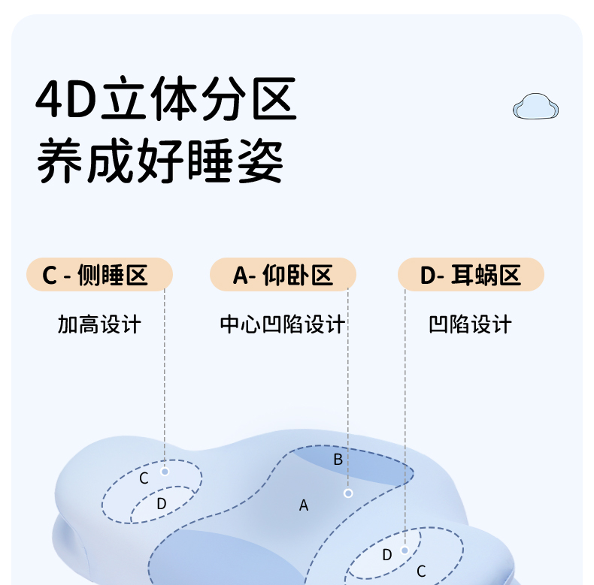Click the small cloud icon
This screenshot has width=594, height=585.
point(536,107)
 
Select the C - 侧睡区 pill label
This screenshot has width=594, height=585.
point(100,275)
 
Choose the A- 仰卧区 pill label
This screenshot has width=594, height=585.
point(283,275)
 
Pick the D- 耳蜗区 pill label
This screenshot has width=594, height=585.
point(471,275)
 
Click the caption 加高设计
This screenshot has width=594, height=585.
point(99,324)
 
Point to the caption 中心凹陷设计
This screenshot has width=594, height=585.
point(283,324)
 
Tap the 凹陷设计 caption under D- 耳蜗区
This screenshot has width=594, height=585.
point(471,324)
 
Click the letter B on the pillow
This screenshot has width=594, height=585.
point(338,460)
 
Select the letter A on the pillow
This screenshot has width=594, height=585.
point(304,505)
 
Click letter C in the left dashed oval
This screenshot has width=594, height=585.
point(144,478)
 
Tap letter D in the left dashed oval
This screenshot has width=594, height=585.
point(161,504)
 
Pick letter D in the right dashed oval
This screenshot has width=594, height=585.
point(387,555)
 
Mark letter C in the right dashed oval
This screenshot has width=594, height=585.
point(421,571)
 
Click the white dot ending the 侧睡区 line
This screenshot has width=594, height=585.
point(165,472)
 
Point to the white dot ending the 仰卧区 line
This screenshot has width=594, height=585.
point(348,493)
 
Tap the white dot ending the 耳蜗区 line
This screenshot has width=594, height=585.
point(405,550)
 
